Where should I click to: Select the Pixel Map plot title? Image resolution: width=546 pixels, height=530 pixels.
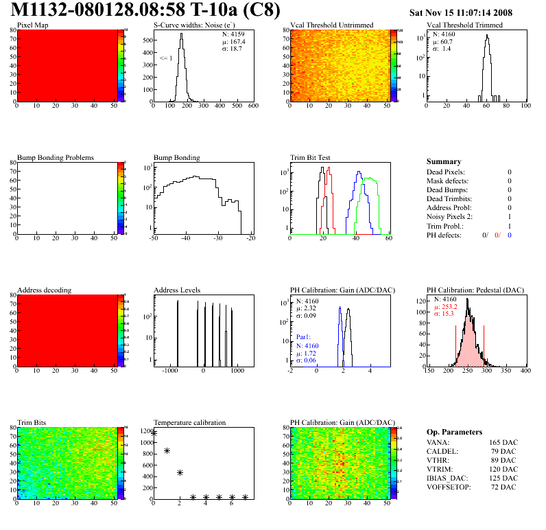(x=32, y=25)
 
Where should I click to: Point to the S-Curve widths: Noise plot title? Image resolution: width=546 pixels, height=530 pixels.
(x=194, y=25)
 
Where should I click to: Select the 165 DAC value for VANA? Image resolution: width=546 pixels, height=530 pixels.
(x=504, y=443)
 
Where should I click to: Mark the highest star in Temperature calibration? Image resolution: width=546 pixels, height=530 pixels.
(x=154, y=433)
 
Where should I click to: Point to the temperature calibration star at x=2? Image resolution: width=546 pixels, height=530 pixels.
(x=180, y=472)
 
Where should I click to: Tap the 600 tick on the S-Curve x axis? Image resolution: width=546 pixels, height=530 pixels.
(x=253, y=106)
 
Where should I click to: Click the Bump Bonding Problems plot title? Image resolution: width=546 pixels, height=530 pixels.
(x=56, y=157)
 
